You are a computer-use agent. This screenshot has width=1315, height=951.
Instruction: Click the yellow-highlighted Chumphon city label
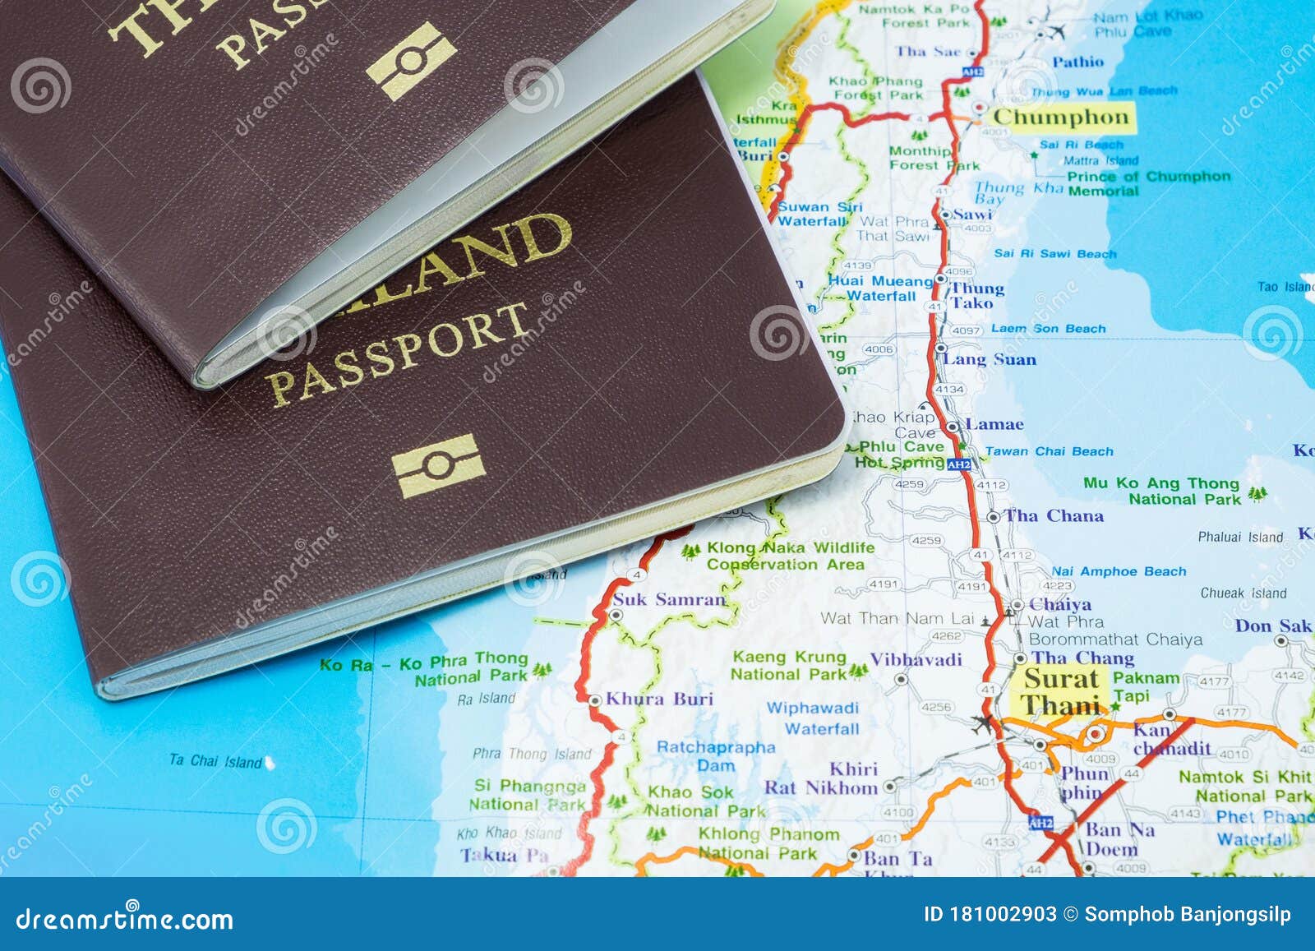point(1061,118)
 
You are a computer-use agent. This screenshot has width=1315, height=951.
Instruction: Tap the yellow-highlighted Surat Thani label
point(1061,692)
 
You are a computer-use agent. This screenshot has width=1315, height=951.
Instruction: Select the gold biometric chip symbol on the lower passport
point(437,466)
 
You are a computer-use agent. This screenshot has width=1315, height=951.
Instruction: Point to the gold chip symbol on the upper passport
point(411,62)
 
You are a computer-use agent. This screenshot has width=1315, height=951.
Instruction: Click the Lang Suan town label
point(990,360)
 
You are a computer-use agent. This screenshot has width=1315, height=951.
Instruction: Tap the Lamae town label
point(994,425)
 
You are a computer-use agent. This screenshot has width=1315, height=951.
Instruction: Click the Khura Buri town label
point(659,699)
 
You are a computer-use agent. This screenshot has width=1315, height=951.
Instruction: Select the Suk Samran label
point(669,600)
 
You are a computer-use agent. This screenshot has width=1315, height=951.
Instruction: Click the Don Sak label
point(1272,626)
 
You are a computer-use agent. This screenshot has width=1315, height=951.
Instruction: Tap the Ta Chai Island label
point(215,761)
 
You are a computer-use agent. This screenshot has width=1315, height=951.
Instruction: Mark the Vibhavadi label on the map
point(916,659)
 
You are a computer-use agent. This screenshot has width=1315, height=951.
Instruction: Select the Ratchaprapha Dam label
point(715,756)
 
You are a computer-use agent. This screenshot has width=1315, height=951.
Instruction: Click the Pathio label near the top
point(1077,62)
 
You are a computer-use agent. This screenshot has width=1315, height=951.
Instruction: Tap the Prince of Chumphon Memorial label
point(1148,183)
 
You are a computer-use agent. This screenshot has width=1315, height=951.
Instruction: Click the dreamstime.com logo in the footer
point(124,918)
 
